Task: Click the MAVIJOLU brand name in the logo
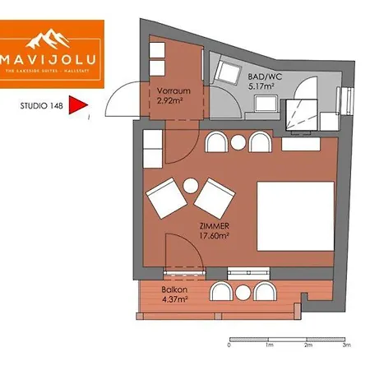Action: [x=52, y=61]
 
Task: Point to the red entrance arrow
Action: [x=77, y=105]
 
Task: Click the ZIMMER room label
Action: [x=214, y=226]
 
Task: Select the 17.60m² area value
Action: [x=214, y=236]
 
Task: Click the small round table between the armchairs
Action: [x=191, y=186]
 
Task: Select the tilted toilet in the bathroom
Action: [x=224, y=72]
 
